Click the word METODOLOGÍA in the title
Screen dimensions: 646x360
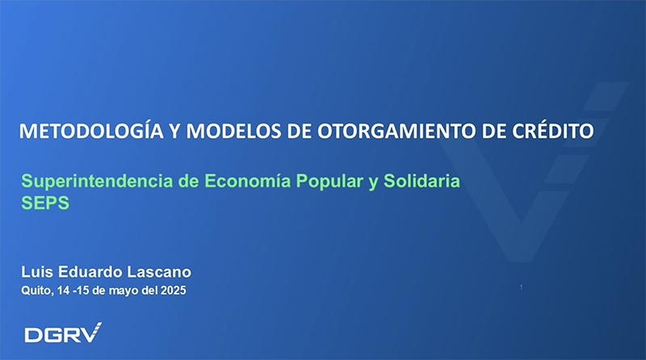point(91,130)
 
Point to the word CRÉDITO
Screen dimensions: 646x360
point(553,130)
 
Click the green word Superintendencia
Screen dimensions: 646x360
point(97,182)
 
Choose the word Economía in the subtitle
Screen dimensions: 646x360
point(247,181)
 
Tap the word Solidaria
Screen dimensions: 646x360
point(422,181)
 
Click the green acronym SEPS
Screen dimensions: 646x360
point(45,203)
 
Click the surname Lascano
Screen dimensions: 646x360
point(159,272)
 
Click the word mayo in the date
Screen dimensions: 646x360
point(123,291)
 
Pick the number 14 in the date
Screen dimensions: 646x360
point(64,291)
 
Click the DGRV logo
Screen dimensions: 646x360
point(63,333)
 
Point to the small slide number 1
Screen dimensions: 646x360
point(521,287)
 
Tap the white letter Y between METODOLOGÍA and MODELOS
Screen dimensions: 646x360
point(174,131)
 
